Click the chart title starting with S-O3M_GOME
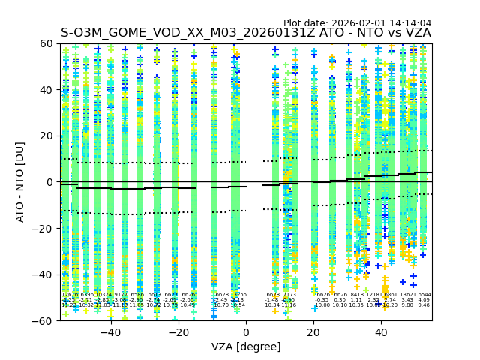click(246, 33)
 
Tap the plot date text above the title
click(357, 23)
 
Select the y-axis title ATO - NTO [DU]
click(20, 182)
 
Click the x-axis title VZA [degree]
click(246, 346)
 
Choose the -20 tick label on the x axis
click(178, 331)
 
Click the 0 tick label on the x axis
click(246, 331)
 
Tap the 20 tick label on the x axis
click(313, 331)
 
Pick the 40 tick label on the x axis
click(381, 331)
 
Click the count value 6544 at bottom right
click(424, 295)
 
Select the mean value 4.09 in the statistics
click(424, 300)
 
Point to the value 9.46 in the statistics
click(424, 305)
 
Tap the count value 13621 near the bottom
click(407, 295)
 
